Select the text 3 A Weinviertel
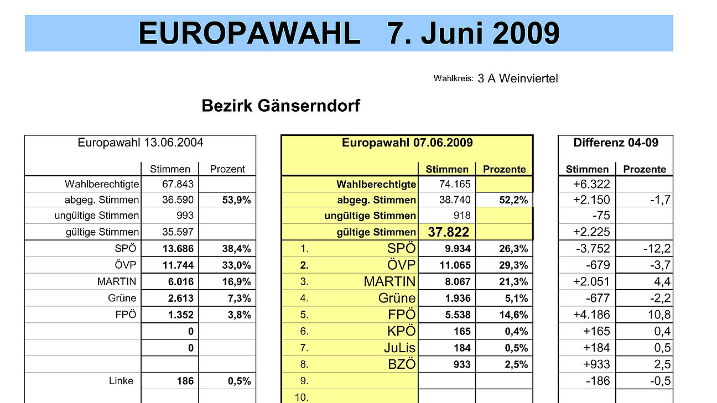518,78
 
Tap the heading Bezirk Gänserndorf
280,106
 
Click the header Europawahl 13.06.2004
141,143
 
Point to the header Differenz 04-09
616,143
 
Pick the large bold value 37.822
449,232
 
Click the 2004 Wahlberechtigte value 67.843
178,184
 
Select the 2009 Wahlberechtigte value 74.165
453,184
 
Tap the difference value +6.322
592,184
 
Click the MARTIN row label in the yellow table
389,282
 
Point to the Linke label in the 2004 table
121,381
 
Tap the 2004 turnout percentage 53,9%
236,200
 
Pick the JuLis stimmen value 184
461,348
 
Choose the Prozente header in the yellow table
505,169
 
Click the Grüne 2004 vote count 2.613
178,299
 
